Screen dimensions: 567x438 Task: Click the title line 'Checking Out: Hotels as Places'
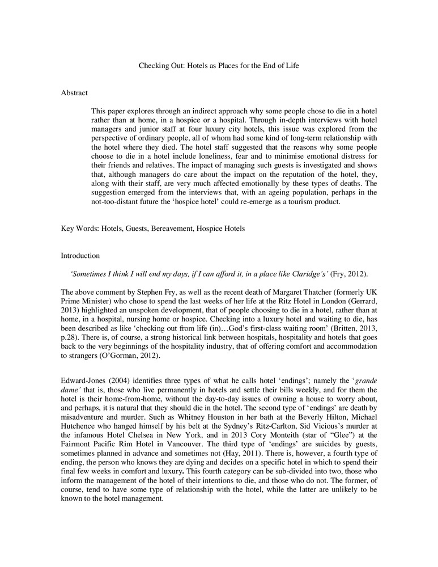(x=219, y=66)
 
